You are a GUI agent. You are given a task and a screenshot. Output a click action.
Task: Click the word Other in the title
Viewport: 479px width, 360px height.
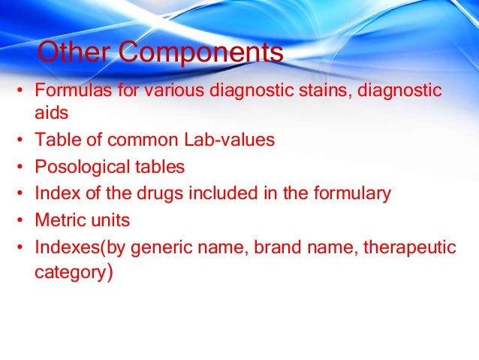[x=75, y=53]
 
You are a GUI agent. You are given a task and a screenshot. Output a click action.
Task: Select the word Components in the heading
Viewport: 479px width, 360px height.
[x=201, y=53]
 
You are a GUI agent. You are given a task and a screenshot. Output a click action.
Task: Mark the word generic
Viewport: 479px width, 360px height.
[x=143, y=248]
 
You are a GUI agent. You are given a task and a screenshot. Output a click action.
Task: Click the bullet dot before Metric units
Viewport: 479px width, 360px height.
[x=20, y=222]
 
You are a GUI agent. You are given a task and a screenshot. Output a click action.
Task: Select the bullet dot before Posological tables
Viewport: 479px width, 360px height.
[x=20, y=167]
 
